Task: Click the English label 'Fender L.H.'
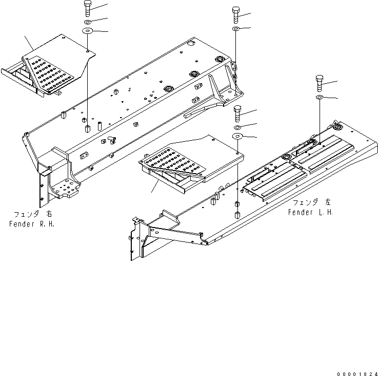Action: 310,212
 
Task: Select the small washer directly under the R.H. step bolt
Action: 87,22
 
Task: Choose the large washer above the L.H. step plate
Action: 237,136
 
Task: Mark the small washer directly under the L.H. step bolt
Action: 237,126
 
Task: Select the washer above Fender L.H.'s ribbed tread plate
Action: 319,97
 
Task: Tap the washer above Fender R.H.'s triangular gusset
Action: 236,29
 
